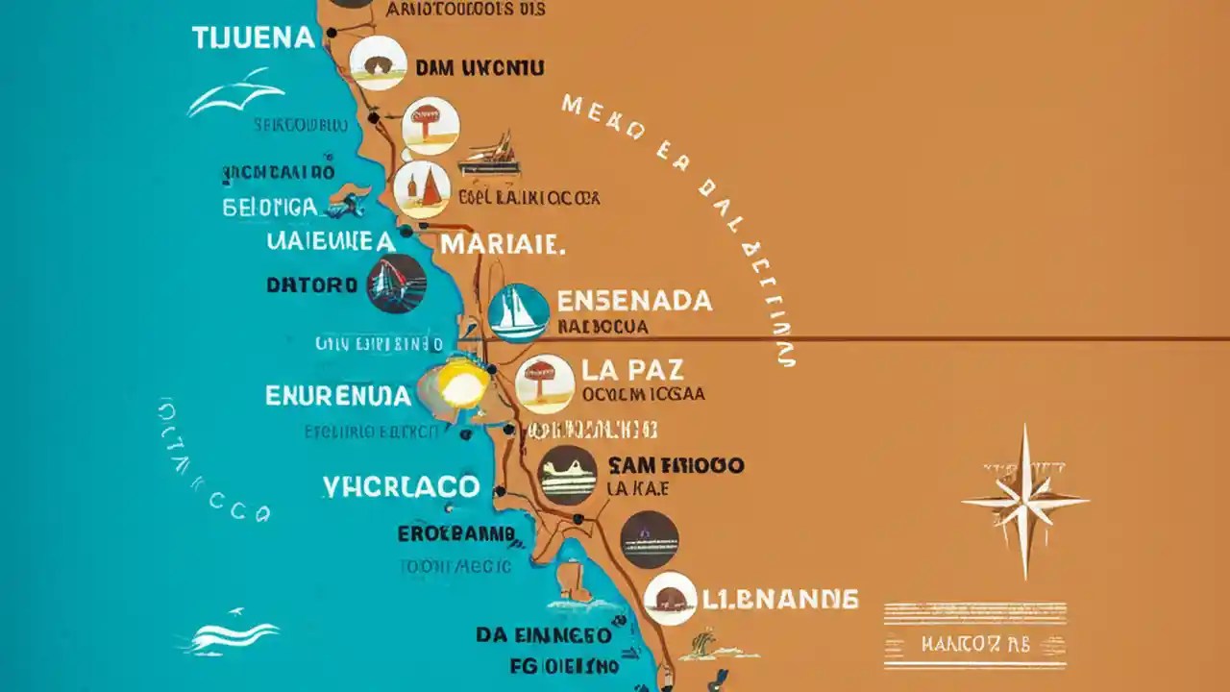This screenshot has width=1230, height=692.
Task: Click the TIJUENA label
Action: tap(253, 38)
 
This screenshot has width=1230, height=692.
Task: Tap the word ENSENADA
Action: tap(635, 301)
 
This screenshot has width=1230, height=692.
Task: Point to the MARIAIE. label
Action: tap(500, 243)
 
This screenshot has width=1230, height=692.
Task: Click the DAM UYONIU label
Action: tap(480, 68)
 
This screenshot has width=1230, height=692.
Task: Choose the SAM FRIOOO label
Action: tap(676, 466)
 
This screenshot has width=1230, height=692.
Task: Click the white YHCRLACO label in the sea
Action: tap(401, 485)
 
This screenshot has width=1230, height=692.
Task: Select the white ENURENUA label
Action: tap(337, 395)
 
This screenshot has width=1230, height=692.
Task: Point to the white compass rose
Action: tap(1024, 502)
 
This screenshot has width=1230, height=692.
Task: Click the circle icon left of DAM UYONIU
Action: tap(378, 63)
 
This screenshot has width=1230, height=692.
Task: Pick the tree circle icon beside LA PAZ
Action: tap(545, 383)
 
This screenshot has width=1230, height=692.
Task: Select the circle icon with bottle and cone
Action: tap(422, 188)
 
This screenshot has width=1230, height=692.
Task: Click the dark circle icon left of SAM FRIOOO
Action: tap(568, 475)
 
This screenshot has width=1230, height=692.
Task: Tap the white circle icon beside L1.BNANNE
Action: tap(671, 599)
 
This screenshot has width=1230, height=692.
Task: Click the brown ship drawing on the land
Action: tap(490, 155)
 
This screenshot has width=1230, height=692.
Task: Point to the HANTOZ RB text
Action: tap(974, 644)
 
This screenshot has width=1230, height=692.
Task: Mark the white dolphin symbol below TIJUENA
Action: tap(236, 93)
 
